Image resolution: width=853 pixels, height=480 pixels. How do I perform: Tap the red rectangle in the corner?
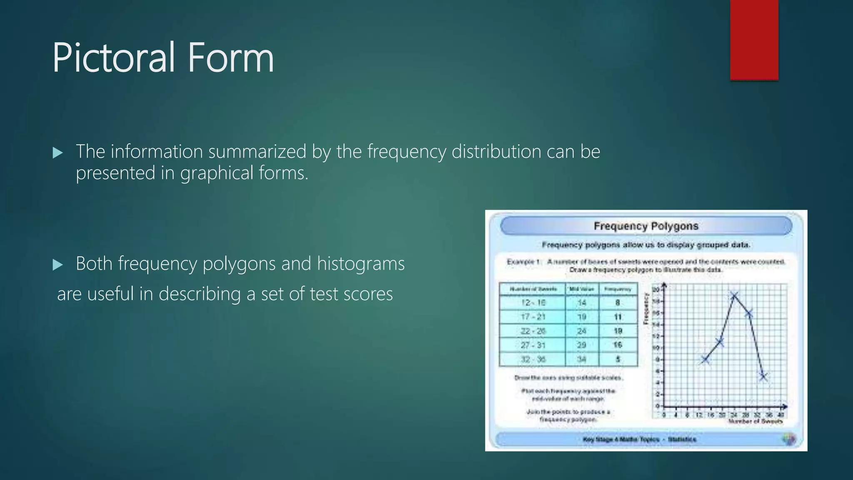[754, 40]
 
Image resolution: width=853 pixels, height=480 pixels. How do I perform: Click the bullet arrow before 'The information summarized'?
[58, 153]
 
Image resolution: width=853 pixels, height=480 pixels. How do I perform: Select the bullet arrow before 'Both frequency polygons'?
[58, 265]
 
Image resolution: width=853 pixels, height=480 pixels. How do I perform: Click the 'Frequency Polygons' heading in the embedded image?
[646, 226]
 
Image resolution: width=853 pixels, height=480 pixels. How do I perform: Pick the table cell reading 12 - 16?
[533, 302]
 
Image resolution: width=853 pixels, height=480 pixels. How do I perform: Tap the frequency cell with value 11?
[618, 317]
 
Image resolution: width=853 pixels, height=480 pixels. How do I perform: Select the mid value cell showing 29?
[581, 345]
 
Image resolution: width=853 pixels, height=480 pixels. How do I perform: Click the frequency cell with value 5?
[618, 359]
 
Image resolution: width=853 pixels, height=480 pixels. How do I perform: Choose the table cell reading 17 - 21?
[533, 317]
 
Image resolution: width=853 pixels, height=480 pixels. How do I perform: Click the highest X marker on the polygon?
[734, 296]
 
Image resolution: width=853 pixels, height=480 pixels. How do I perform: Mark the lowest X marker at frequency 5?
[763, 377]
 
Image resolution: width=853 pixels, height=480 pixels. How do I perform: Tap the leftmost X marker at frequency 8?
[705, 360]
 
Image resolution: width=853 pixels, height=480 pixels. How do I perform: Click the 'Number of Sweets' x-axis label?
[755, 421]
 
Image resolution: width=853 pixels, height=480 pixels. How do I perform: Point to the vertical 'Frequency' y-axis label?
[646, 308]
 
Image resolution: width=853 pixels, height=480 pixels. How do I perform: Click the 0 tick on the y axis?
[658, 406]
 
